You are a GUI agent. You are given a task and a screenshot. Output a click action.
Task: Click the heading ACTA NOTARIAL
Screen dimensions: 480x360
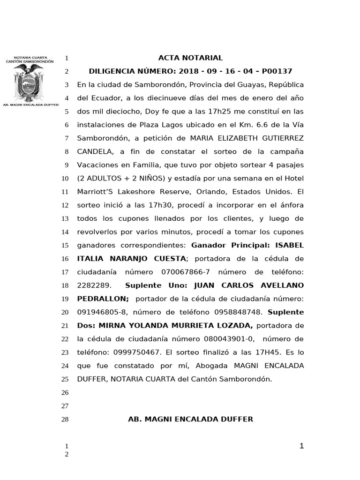coord(190,58)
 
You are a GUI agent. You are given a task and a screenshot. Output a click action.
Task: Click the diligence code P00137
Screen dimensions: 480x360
coord(277,72)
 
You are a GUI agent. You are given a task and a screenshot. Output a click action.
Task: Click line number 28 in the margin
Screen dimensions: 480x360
coord(65,420)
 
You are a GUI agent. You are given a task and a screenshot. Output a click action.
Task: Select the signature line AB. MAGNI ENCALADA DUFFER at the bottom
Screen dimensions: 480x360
coord(190,420)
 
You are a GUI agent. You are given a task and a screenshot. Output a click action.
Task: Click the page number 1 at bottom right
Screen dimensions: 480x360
coord(302,446)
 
